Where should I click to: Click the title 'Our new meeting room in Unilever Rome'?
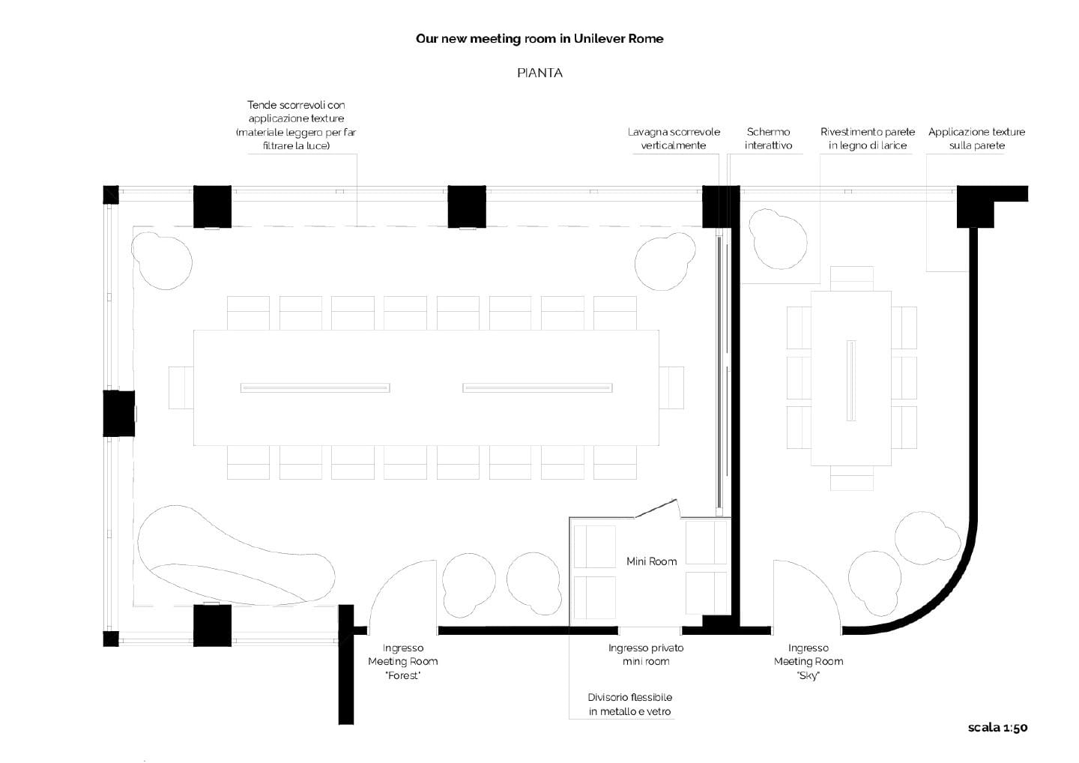539,39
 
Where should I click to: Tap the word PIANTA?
539,73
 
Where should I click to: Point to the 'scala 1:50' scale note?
997,728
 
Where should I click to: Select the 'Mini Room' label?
651,561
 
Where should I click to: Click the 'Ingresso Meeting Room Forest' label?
403,662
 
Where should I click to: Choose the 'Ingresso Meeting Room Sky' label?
809,662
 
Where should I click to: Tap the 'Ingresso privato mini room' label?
646,654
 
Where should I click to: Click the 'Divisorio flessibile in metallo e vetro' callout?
629,705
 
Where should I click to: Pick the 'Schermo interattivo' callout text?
768,139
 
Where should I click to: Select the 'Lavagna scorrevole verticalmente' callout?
674,139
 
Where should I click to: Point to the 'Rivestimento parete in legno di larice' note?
868,139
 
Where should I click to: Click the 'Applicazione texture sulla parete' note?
976,139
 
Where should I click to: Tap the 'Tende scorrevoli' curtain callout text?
296,125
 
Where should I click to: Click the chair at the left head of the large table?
181,387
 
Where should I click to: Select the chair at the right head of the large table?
672,387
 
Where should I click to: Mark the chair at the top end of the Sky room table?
852,278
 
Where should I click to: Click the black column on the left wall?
118,413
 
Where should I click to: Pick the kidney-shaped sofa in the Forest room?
232,558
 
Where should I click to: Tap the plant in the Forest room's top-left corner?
161,261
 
